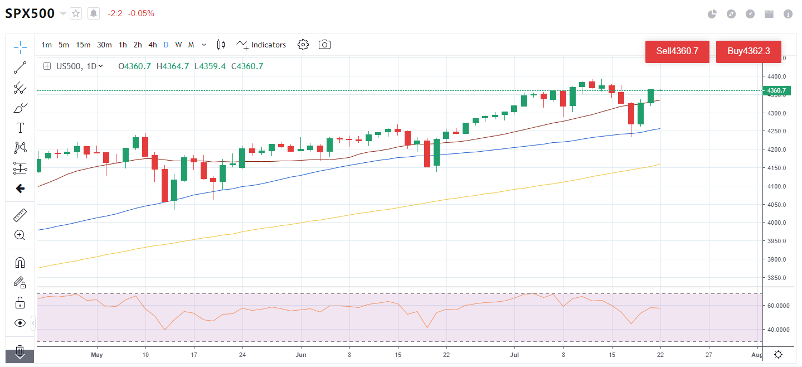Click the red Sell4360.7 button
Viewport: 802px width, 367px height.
tap(677, 51)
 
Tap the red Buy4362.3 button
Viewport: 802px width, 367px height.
tap(748, 51)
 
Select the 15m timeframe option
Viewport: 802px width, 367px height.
tap(84, 45)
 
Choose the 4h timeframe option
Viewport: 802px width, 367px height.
tap(153, 45)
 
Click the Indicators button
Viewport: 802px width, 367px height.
tap(261, 45)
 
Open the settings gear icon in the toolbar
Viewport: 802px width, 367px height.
tap(303, 45)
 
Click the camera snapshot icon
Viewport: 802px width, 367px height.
tap(324, 45)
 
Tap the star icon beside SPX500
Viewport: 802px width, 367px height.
tap(76, 13)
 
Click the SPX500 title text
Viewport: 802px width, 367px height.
tap(30, 13)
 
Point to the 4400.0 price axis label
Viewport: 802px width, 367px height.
tap(777, 76)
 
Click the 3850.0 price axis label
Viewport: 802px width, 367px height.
tap(777, 278)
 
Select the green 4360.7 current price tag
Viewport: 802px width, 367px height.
tap(776, 90)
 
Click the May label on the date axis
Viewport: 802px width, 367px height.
tap(97, 355)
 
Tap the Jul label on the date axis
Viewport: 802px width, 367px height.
tap(514, 355)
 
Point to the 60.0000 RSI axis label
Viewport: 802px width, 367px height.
tap(778, 306)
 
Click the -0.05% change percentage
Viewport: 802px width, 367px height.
tap(141, 13)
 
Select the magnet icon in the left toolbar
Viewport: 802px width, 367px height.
tap(20, 262)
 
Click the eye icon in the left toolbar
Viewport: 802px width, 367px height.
tap(20, 323)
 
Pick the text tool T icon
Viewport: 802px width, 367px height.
tap(20, 128)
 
